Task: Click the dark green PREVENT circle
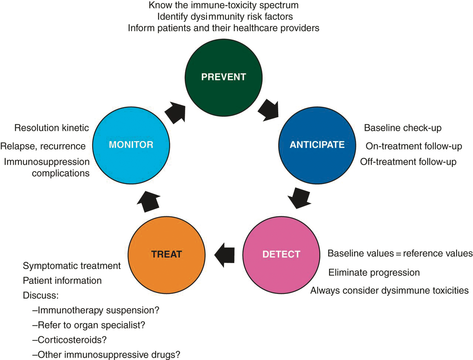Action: [224, 77]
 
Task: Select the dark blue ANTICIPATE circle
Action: [317, 145]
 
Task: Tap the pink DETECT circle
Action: [281, 254]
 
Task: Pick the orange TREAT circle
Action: [166, 254]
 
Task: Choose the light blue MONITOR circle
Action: [131, 145]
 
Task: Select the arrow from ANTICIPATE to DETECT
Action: [299, 198]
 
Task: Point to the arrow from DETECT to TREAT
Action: [224, 255]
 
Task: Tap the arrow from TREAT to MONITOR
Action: [149, 201]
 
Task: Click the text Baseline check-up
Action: [403, 128]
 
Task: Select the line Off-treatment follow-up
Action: [408, 162]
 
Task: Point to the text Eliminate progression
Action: [374, 273]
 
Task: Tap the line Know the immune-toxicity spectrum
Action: [224, 5]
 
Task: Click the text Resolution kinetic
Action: [52, 128]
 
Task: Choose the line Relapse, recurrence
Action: [43, 146]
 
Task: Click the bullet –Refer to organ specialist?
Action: [89, 325]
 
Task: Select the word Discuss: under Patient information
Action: [41, 295]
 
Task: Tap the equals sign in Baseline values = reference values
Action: [398, 254]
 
